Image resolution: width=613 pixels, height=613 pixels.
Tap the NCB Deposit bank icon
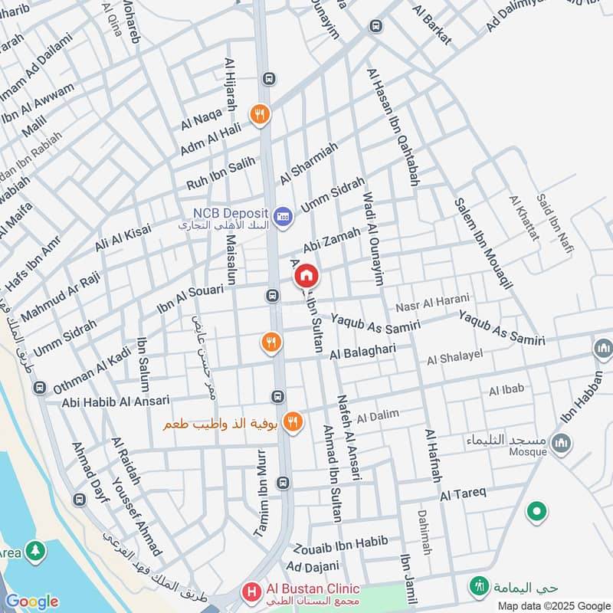pos(283,217)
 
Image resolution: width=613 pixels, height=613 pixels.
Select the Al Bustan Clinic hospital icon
pos(251,591)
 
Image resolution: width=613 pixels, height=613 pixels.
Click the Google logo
pos(31,602)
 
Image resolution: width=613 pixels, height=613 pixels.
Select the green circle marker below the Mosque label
pos(537,511)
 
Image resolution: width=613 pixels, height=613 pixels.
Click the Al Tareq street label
pos(463,494)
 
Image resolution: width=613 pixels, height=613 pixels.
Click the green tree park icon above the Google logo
pos(34,550)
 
